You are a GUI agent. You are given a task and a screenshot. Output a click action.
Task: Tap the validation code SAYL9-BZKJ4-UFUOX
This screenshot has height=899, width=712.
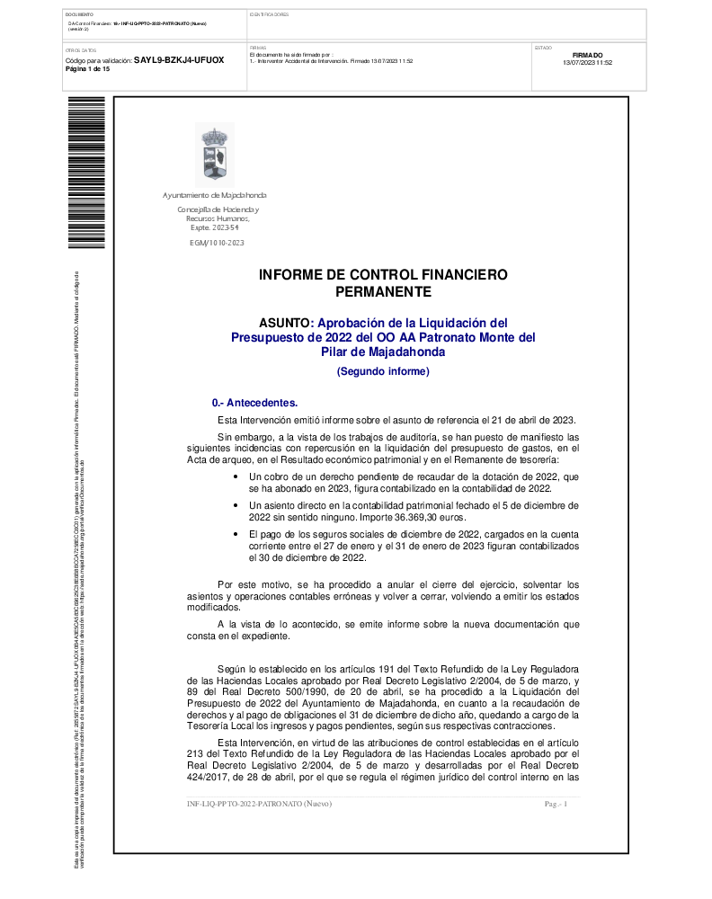point(179,60)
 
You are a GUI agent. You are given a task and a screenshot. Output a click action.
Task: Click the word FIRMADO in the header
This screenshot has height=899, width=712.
point(587,55)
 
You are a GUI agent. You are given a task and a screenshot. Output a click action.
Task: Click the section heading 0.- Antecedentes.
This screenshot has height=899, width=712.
point(254,403)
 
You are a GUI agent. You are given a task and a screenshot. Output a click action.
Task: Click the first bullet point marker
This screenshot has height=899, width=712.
point(236,476)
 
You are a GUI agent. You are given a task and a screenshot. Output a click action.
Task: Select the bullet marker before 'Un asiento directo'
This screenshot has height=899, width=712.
point(236,505)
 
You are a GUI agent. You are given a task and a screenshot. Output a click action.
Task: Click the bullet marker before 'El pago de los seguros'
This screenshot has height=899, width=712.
point(236,535)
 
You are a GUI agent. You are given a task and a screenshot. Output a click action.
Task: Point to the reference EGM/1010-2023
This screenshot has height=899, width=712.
point(217,243)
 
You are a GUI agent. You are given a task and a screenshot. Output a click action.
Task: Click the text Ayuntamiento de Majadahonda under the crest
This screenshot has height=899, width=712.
point(215,195)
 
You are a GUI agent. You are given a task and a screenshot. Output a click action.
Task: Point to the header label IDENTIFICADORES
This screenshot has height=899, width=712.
point(269,15)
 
